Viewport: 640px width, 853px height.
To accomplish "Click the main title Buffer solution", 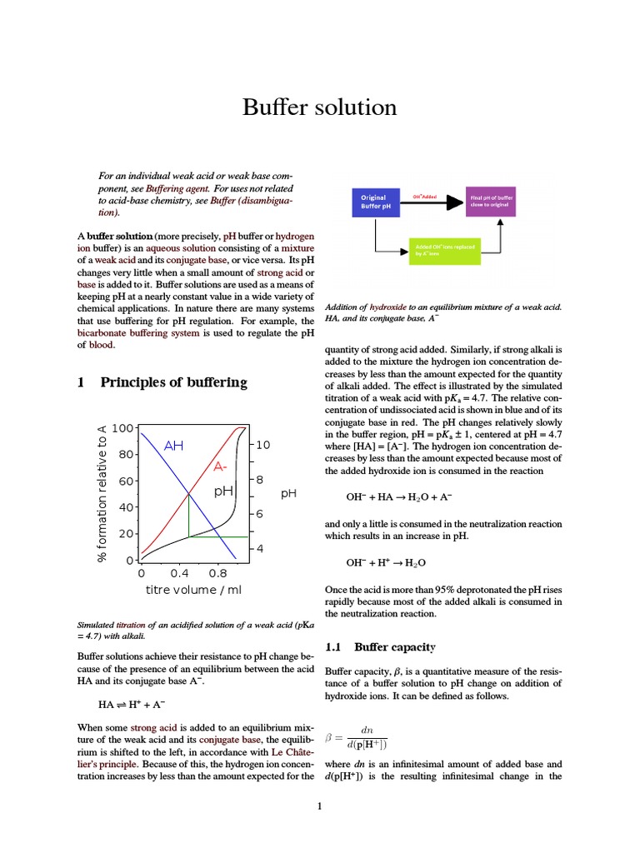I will click(x=319, y=107).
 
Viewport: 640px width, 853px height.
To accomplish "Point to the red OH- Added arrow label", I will click(x=424, y=196).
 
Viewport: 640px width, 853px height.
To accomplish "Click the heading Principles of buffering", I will click(x=173, y=382).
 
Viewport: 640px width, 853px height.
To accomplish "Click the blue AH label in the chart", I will click(x=173, y=446).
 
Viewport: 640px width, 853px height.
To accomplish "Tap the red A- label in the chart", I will click(x=221, y=466).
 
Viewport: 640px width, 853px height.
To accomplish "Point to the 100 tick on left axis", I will click(x=122, y=428).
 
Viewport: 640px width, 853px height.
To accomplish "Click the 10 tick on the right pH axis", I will click(x=263, y=446).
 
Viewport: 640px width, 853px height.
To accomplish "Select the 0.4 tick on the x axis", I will click(x=179, y=574).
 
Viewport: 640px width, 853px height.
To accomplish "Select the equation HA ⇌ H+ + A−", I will click(x=130, y=704).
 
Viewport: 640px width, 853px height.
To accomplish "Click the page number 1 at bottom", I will click(x=319, y=806).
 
